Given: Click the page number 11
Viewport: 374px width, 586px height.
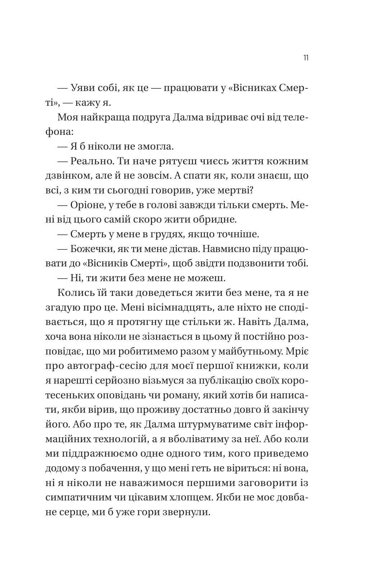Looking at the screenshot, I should [306, 58].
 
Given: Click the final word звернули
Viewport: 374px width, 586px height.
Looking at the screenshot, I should [187, 512].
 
